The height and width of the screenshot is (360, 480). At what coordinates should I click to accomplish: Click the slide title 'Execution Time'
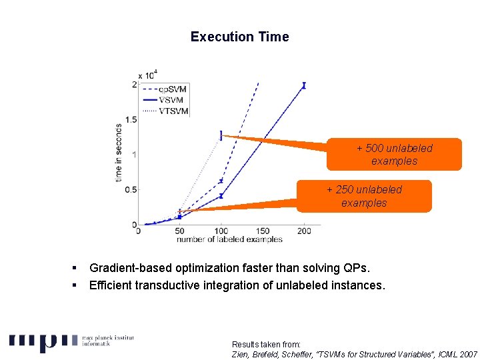(x=239, y=37)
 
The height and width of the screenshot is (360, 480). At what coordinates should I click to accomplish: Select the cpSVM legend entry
(x=173, y=89)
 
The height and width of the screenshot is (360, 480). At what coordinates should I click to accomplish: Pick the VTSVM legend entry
(x=173, y=111)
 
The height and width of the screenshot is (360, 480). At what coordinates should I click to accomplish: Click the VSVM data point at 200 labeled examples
(x=304, y=85)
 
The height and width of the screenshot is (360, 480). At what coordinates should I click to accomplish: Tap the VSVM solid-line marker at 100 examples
(x=221, y=196)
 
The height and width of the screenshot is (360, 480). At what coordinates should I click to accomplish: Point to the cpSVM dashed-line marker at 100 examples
(x=221, y=181)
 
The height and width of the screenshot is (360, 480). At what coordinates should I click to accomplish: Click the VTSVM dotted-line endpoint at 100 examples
(x=221, y=135)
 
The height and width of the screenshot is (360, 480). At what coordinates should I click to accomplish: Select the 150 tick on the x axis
(x=263, y=231)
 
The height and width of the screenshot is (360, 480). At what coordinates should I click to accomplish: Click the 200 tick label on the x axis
(x=304, y=231)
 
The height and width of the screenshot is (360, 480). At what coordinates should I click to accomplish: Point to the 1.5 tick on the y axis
(x=131, y=119)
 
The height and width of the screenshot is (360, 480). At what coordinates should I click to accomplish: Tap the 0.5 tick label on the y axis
(x=131, y=189)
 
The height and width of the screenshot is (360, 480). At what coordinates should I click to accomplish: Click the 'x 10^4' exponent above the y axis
(x=147, y=75)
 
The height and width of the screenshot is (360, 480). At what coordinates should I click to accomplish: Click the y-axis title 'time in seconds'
(x=119, y=152)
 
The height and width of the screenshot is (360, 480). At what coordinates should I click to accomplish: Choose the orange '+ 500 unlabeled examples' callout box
(x=394, y=155)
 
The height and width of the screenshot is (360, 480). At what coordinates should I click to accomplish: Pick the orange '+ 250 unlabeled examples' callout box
(x=364, y=196)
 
